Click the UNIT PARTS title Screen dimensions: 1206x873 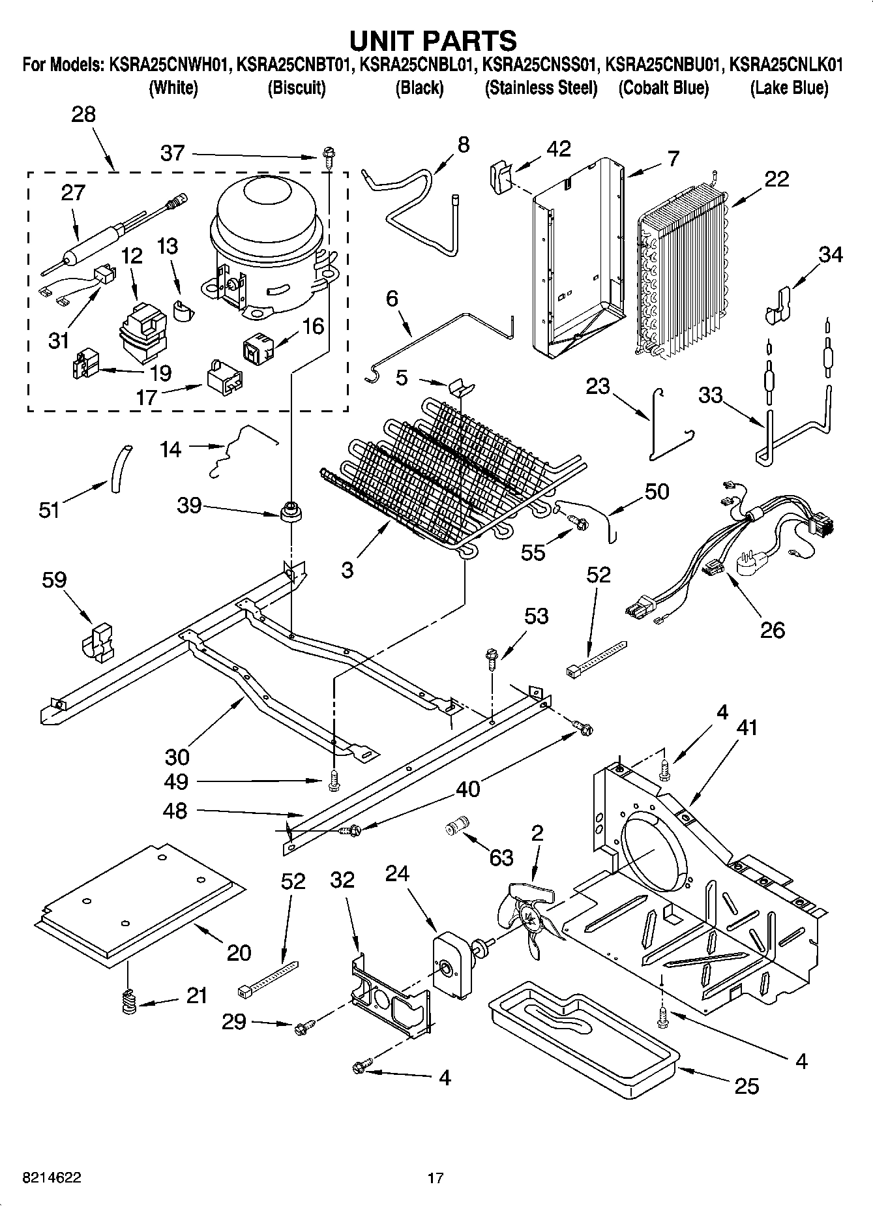(x=433, y=40)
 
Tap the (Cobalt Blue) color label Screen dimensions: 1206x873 (x=663, y=88)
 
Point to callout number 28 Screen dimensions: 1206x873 (x=83, y=114)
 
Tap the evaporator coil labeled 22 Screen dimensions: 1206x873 (x=681, y=274)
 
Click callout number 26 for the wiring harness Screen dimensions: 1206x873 (x=772, y=629)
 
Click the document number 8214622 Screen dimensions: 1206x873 (x=52, y=1177)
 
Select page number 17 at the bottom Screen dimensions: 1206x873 (x=436, y=1178)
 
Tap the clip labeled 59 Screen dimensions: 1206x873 (x=98, y=642)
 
